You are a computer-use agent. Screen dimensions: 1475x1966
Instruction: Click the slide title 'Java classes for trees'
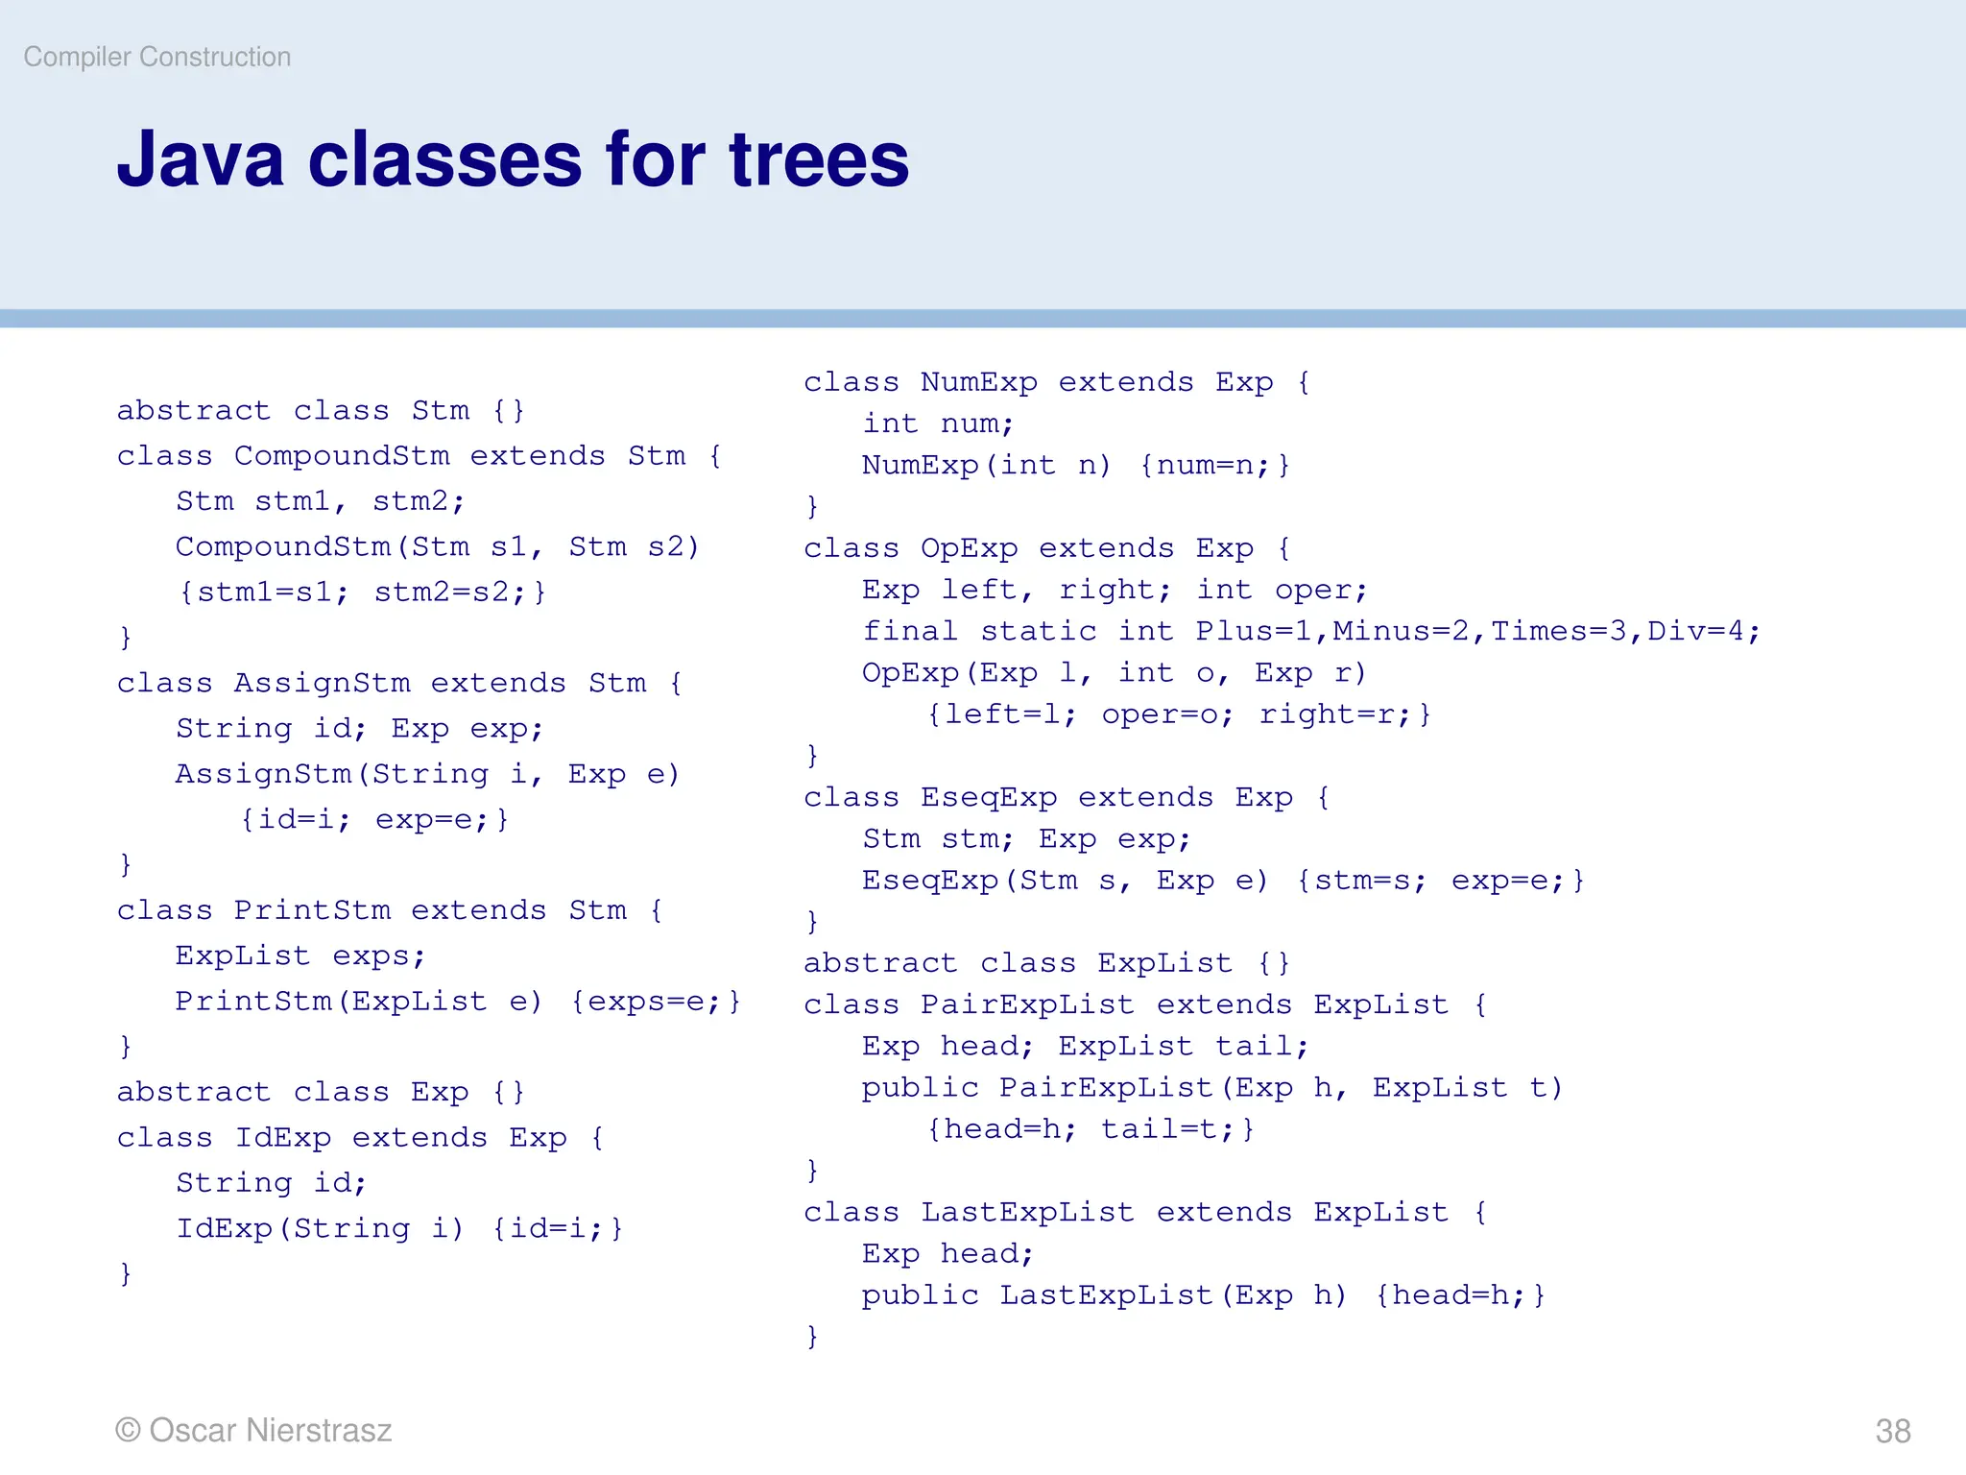click(x=513, y=159)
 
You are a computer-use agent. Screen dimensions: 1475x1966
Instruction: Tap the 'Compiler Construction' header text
click(x=157, y=58)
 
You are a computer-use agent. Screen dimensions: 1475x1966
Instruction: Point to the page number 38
click(x=1892, y=1431)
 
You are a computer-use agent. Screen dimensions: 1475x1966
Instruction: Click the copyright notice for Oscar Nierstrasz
click(x=253, y=1430)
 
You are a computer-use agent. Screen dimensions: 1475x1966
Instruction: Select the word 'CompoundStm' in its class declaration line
click(x=342, y=455)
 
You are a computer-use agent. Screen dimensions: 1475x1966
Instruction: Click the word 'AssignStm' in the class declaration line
click(x=322, y=683)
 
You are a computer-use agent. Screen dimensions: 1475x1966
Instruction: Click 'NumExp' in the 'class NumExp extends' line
click(x=978, y=382)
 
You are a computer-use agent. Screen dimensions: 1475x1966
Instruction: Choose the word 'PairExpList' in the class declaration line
click(x=1027, y=1004)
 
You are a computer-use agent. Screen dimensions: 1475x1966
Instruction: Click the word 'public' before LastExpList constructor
click(x=920, y=1295)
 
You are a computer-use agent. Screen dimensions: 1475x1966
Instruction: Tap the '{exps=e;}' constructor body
click(x=656, y=1002)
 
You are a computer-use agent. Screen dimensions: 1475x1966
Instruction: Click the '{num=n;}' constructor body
click(x=1214, y=466)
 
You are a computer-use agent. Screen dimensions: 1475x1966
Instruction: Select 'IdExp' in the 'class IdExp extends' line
click(x=283, y=1138)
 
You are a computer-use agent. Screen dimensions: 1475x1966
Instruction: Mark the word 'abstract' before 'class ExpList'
click(x=880, y=963)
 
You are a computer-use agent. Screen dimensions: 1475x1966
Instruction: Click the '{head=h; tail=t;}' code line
click(x=1091, y=1129)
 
